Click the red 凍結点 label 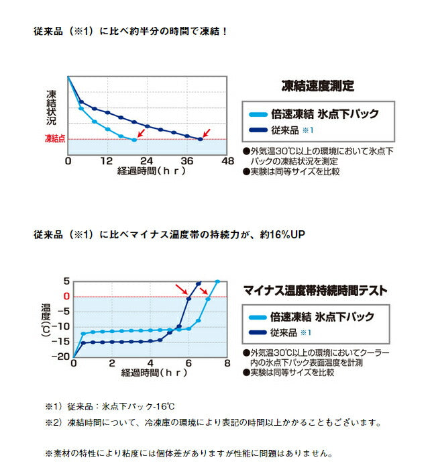(x=55, y=138)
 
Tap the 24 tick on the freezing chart (x=147, y=161)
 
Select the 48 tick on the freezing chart (x=227, y=161)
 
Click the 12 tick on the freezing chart (x=107, y=161)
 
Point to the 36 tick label (x=187, y=161)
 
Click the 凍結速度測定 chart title (x=317, y=86)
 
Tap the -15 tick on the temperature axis (x=61, y=342)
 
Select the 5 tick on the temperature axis (x=66, y=281)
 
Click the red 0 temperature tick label (x=66, y=296)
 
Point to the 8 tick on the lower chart (x=227, y=363)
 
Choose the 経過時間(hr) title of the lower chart (x=148, y=372)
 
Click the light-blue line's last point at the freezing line (x=135, y=140)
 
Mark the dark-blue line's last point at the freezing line (x=201, y=139)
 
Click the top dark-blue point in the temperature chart (x=199, y=283)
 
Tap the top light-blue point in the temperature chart (x=217, y=282)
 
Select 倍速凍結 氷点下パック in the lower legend (x=321, y=317)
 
